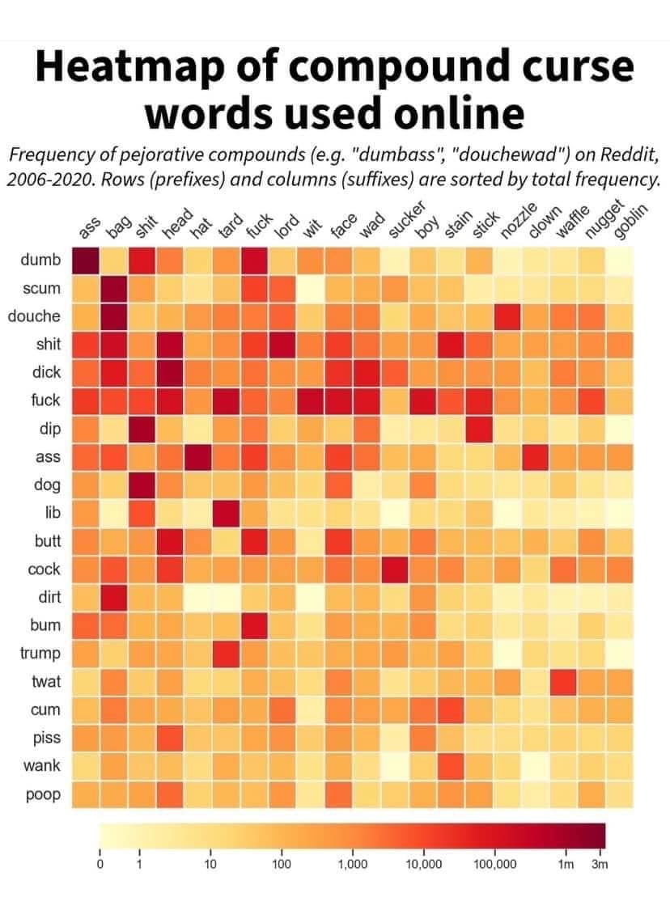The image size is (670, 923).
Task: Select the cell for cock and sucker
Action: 395,569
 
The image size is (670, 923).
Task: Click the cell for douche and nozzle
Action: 507,316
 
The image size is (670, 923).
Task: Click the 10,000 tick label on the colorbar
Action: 423,865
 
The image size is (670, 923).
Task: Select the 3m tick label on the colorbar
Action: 600,865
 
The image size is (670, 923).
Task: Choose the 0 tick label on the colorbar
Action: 100,865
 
